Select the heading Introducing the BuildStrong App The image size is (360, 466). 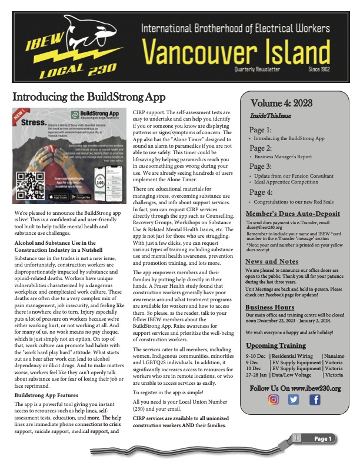click(x=89, y=97)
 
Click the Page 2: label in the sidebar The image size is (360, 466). click(x=261, y=148)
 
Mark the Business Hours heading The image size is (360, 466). click(x=270, y=307)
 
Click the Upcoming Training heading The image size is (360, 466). click(x=275, y=344)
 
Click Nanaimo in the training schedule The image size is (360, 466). click(x=337, y=356)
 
